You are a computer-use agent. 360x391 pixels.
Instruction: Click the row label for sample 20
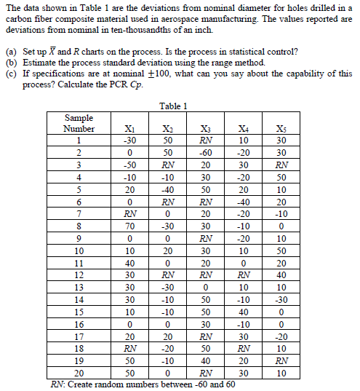click(x=78, y=374)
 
